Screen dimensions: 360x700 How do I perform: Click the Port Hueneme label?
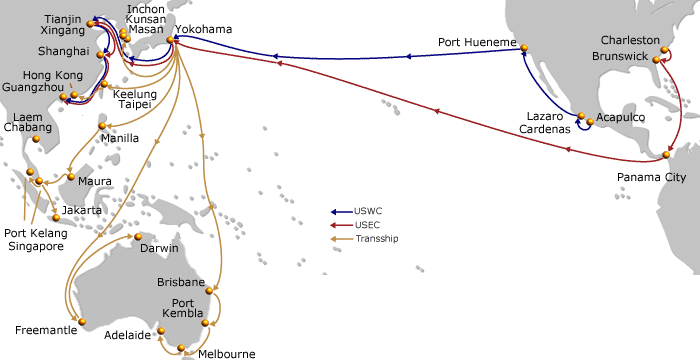[477, 43]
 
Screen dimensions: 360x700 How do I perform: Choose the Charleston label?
[631, 40]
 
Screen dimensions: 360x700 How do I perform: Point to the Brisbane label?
[181, 283]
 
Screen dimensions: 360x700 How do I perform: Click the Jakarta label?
[82, 211]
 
